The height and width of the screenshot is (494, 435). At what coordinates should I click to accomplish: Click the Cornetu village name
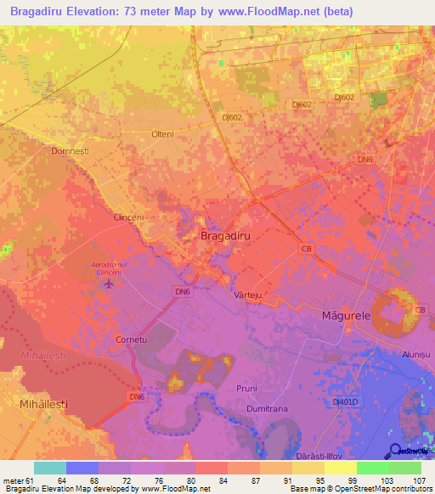132,339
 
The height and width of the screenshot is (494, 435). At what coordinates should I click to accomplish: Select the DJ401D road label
347,401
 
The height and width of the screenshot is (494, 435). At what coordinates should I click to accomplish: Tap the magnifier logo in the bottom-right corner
396,452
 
